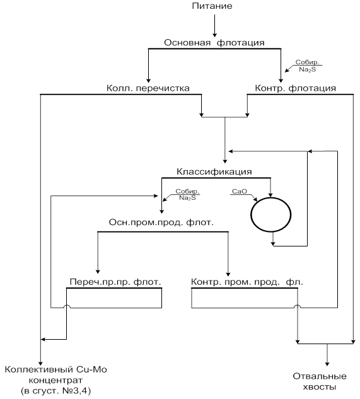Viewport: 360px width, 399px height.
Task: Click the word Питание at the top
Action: click(x=212, y=6)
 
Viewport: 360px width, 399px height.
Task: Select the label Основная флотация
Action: click(x=214, y=42)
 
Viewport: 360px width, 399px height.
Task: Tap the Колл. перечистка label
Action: click(x=148, y=88)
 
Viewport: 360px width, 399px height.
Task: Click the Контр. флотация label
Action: click(x=295, y=88)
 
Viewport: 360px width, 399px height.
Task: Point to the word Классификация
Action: click(x=214, y=171)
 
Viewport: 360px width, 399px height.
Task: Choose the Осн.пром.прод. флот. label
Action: click(x=161, y=223)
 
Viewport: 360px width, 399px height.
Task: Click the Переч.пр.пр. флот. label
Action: click(x=115, y=282)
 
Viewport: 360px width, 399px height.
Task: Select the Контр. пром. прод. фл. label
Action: click(x=247, y=282)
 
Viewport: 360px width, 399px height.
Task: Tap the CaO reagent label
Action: click(x=240, y=192)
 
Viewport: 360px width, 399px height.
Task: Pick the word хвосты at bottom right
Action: click(x=319, y=387)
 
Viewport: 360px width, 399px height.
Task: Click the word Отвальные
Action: click(x=320, y=376)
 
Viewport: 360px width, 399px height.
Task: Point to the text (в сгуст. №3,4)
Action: click(x=55, y=391)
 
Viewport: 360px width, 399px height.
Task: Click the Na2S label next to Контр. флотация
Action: click(x=307, y=69)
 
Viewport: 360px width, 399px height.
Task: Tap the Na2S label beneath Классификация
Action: click(x=187, y=198)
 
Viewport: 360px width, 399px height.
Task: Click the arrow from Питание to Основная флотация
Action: click(x=214, y=26)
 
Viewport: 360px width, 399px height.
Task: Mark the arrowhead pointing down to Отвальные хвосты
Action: click(x=327, y=364)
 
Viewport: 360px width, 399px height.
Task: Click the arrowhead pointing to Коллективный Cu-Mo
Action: click(x=40, y=363)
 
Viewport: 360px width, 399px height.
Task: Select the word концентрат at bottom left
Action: click(x=55, y=381)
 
